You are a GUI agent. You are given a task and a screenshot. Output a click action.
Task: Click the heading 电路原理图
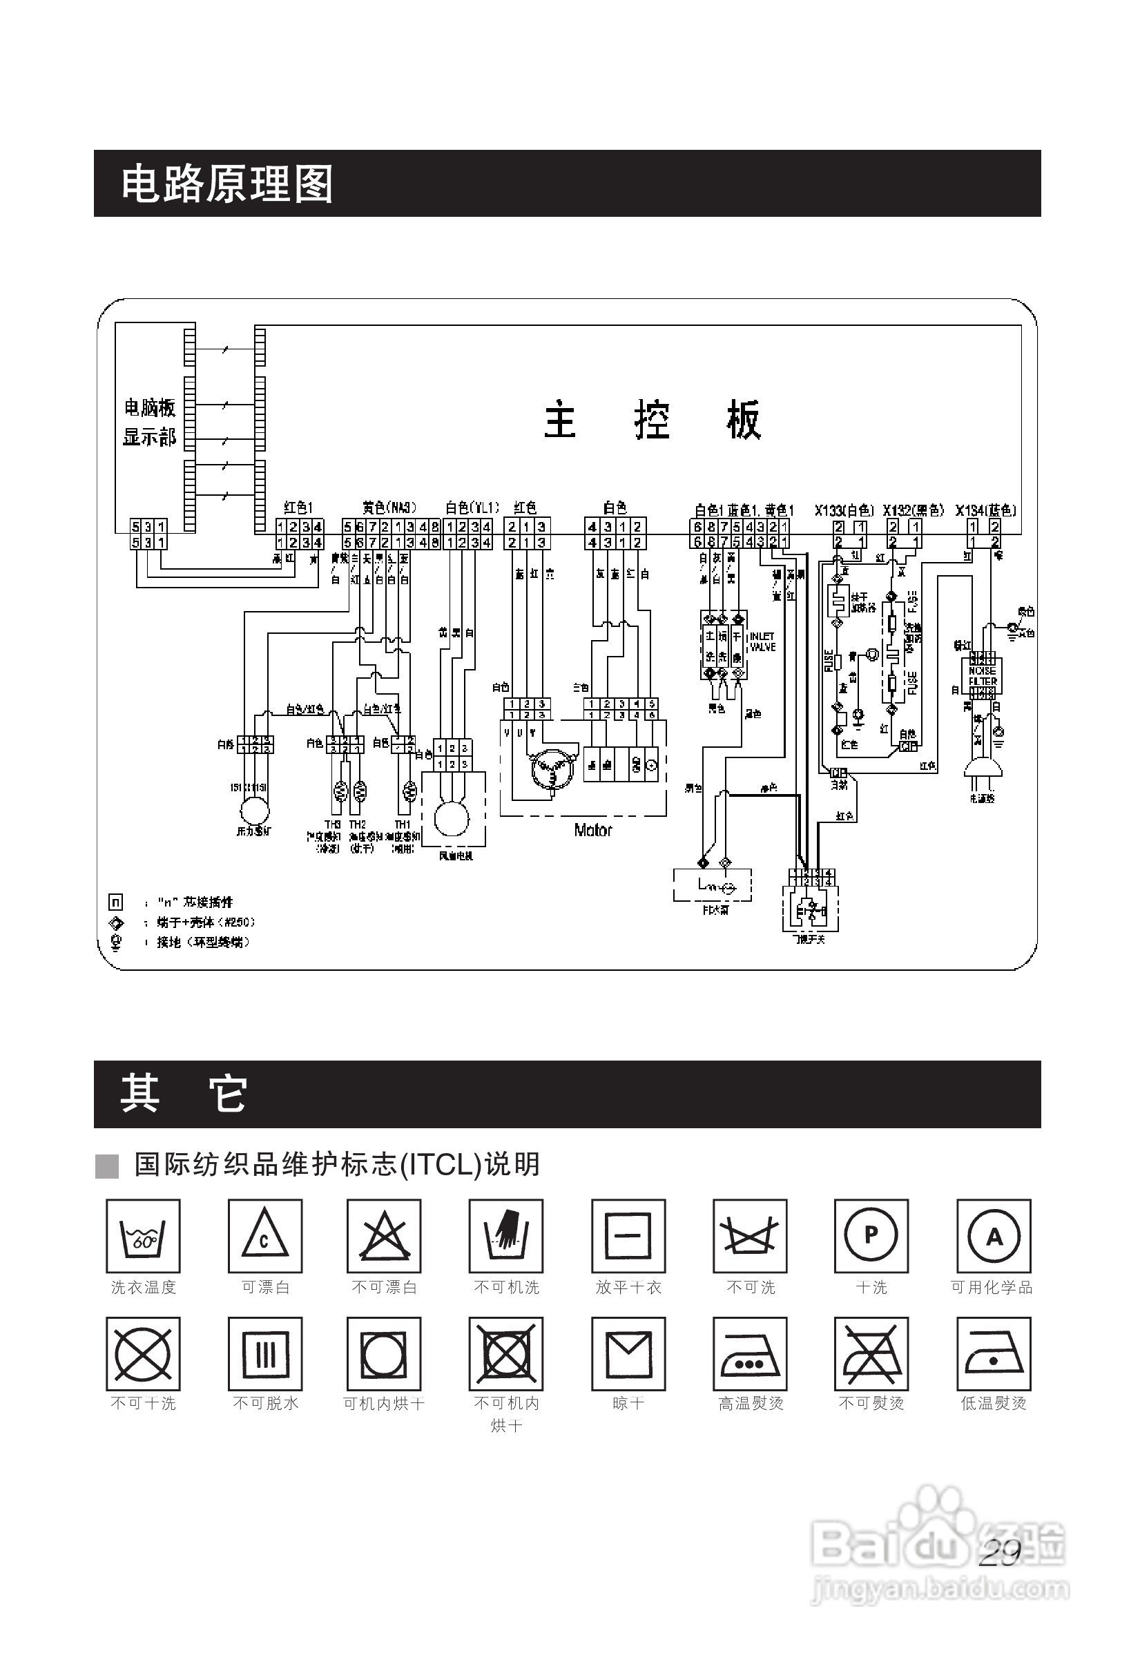coord(226,184)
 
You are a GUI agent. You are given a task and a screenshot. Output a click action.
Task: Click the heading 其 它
coord(184,1094)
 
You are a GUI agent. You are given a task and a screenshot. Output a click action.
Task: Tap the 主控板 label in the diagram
coord(652,419)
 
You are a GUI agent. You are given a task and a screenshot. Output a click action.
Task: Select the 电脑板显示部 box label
coord(149,422)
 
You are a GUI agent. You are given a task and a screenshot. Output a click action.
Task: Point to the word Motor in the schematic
coord(593,830)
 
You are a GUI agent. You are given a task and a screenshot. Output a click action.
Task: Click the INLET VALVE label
coord(762,641)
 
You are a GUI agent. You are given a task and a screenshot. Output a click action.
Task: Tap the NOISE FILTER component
coord(983,676)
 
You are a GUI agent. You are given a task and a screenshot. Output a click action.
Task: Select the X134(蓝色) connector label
coord(986,510)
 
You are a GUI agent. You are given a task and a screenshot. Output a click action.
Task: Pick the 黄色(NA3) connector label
coord(389,508)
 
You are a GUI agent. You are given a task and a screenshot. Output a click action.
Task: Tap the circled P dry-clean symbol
coord(871,1236)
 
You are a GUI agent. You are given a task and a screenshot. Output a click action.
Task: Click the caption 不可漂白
coord(385,1288)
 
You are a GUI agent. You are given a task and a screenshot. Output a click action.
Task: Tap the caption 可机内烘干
coord(385,1404)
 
